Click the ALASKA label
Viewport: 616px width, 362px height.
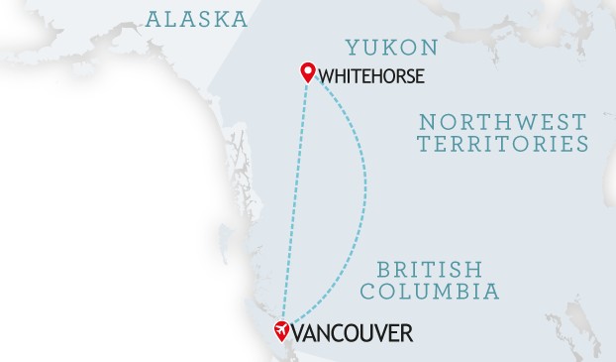coord(196,18)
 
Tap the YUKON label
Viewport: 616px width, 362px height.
coord(391,47)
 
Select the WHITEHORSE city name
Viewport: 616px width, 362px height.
coord(372,74)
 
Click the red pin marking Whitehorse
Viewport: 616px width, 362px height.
coord(308,71)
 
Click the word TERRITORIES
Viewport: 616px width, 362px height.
coord(503,144)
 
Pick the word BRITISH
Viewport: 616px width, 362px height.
coord(430,270)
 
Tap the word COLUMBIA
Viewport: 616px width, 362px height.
coord(430,292)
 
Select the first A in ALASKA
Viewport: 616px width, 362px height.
coord(154,18)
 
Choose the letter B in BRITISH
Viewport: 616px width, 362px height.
coord(383,270)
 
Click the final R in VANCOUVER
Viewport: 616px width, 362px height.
coord(405,333)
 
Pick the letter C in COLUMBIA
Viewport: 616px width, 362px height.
coord(368,292)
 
